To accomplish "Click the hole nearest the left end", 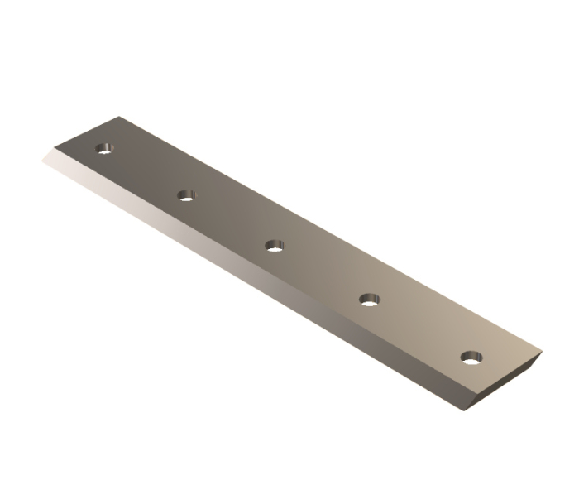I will click(104, 150).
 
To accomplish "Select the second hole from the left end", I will click(187, 196).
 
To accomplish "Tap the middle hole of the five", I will click(275, 245).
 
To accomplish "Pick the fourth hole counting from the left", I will click(369, 298).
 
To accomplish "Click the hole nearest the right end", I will click(471, 358).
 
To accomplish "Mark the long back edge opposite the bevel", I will click(331, 233).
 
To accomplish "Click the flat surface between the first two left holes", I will click(146, 172).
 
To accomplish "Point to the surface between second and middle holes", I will click(231, 220).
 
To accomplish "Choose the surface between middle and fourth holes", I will click(322, 271).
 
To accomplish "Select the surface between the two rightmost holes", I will click(420, 328).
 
